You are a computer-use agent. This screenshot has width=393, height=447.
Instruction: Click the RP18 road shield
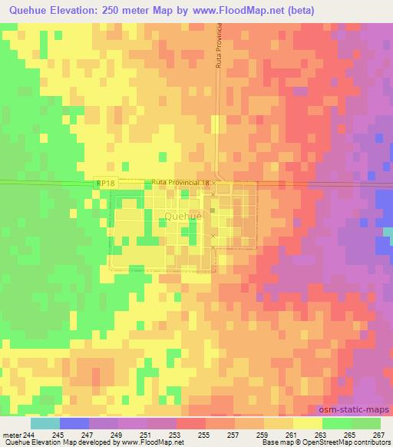pos(107,183)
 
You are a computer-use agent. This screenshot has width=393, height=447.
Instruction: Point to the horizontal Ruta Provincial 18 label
pos(180,182)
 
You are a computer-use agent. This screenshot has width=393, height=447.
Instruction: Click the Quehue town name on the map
pos(183,216)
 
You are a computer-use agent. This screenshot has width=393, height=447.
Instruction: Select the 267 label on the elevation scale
pos(378,435)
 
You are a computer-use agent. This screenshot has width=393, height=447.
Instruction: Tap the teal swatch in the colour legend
pos(45,423)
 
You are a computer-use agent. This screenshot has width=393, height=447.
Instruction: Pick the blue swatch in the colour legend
pos(74,423)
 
